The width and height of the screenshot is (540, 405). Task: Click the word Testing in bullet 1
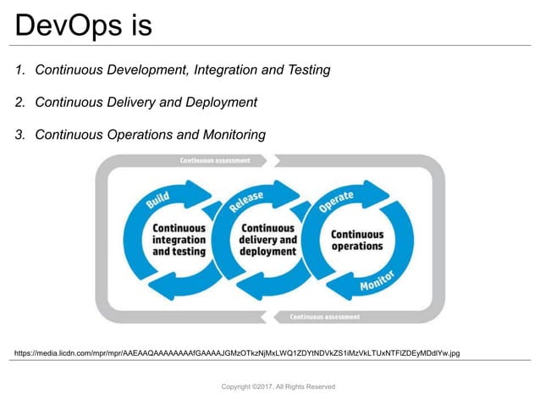[x=304, y=70]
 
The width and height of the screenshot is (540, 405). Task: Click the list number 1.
[x=20, y=70]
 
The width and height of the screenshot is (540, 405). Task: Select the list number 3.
[x=20, y=135]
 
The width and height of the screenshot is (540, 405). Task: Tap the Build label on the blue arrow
[x=157, y=200]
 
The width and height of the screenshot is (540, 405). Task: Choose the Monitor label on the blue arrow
[x=377, y=284]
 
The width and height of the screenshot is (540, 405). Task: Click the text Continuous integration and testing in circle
[x=179, y=240]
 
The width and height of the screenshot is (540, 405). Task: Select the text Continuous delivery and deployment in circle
[x=267, y=240]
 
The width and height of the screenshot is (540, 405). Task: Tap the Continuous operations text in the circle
[x=356, y=241]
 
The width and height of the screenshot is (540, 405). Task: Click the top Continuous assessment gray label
[x=215, y=160]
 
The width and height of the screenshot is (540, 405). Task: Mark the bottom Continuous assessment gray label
[x=324, y=317]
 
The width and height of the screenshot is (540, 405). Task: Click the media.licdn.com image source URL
[x=237, y=352]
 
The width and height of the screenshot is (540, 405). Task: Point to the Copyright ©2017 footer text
[x=278, y=386]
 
